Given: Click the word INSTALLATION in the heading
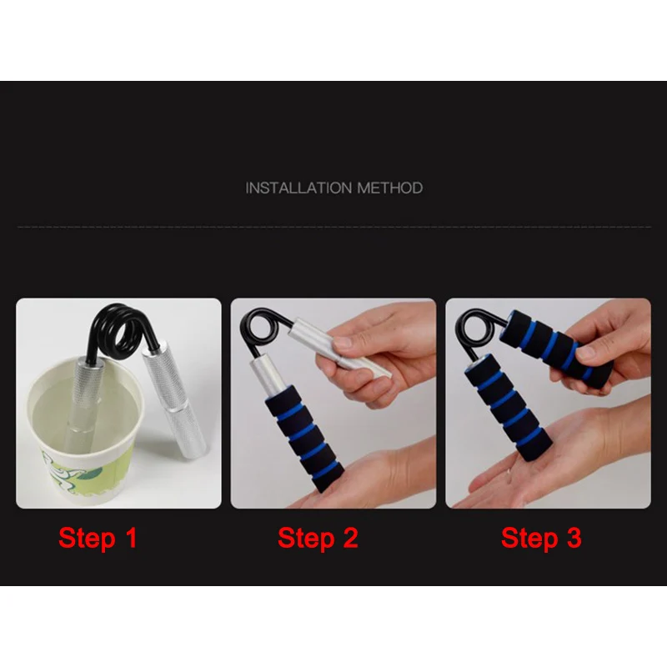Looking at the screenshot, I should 299,188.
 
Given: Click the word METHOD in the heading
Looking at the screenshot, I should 390,188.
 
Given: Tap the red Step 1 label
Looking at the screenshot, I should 98,538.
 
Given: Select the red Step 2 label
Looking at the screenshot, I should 318,538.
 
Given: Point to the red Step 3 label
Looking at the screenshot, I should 541,538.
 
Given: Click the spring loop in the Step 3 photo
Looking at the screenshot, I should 474,328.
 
